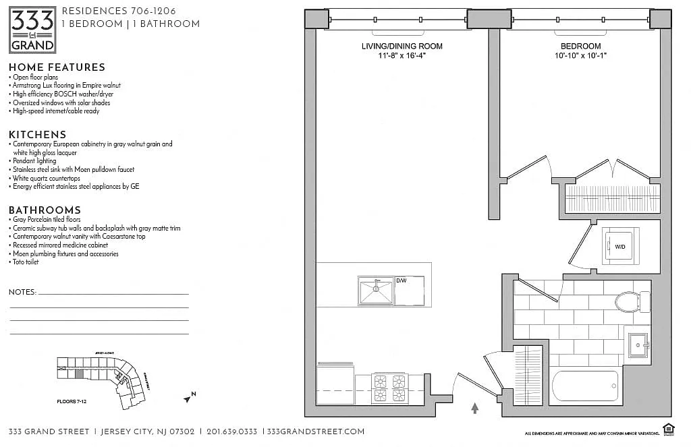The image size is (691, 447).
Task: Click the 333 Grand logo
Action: [x=32, y=30]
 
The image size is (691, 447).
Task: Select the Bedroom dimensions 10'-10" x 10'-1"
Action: [x=580, y=56]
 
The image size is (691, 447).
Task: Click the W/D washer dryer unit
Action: [x=620, y=246]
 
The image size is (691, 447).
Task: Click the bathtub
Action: [x=585, y=386]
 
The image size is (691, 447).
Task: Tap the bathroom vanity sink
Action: [x=638, y=346]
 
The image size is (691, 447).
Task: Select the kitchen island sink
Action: [x=376, y=291]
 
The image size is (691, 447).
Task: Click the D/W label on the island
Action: [x=402, y=280]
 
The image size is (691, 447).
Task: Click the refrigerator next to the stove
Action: [x=335, y=384]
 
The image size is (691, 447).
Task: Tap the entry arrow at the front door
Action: [x=474, y=407]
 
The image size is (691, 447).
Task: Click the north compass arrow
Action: [x=189, y=397]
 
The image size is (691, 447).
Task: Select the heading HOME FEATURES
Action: [x=57, y=67]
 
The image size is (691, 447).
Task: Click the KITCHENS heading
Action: [x=37, y=135]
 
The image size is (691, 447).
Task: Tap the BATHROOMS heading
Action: [x=45, y=210]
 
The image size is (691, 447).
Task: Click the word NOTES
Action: [x=22, y=292]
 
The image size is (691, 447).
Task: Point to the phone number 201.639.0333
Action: [x=231, y=431]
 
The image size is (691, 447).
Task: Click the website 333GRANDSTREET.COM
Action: [x=316, y=431]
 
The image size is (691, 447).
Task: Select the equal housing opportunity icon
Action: [x=669, y=428]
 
